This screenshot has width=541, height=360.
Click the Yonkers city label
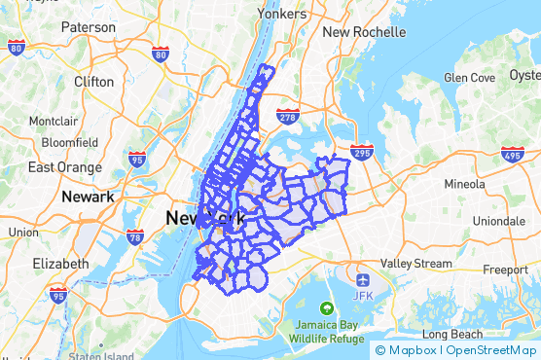[x=281, y=14]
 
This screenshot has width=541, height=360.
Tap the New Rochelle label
[x=364, y=32]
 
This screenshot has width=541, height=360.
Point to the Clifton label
[x=93, y=83]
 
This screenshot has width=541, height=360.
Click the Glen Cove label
[x=469, y=77]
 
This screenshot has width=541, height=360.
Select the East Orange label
[x=66, y=167]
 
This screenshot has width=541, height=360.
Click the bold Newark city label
[x=88, y=197]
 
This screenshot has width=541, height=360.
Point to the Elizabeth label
[x=60, y=264]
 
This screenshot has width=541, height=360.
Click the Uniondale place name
[x=498, y=221]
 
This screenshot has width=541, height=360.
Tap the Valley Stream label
[x=415, y=264]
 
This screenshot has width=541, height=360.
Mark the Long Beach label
[x=452, y=335]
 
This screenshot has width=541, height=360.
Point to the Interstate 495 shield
[x=513, y=154]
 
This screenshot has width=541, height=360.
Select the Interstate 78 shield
[x=135, y=235]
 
